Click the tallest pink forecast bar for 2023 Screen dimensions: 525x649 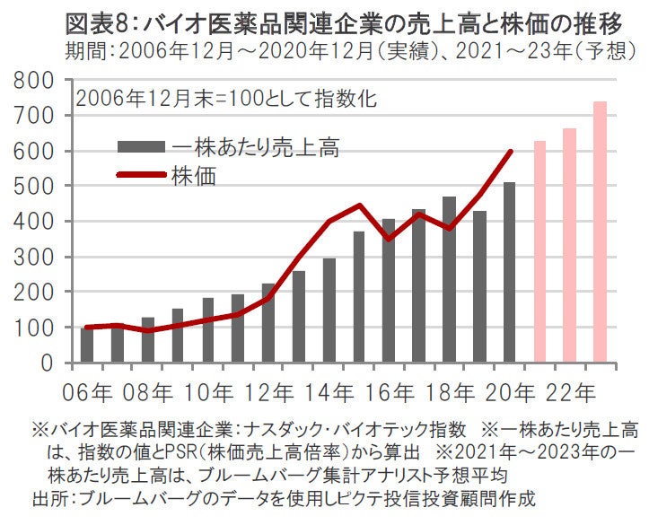(601, 233)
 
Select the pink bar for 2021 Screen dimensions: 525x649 (540, 251)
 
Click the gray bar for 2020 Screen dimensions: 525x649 (510, 273)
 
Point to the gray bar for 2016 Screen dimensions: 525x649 (389, 291)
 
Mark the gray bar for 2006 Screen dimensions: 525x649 (87, 346)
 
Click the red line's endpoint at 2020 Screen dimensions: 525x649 (511, 151)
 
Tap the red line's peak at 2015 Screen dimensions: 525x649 (359, 206)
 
